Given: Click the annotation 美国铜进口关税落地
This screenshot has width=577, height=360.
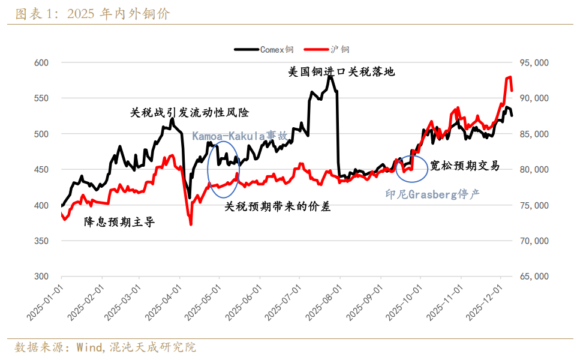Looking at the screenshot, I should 341,72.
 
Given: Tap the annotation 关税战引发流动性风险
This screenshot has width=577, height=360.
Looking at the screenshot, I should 189,112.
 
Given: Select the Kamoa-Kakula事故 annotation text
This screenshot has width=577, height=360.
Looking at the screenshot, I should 240,136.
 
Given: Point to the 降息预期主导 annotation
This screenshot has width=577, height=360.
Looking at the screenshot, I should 120,222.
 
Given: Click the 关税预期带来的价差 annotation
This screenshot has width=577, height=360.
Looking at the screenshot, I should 277,206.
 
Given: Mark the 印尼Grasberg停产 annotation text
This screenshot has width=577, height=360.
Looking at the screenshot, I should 432,194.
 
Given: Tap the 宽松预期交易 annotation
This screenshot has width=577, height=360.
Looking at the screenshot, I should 465,166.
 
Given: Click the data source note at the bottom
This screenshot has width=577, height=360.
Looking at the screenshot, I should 105,347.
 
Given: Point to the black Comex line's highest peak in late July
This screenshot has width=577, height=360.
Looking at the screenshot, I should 330,76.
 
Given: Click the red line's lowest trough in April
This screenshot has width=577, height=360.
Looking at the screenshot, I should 191,224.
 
